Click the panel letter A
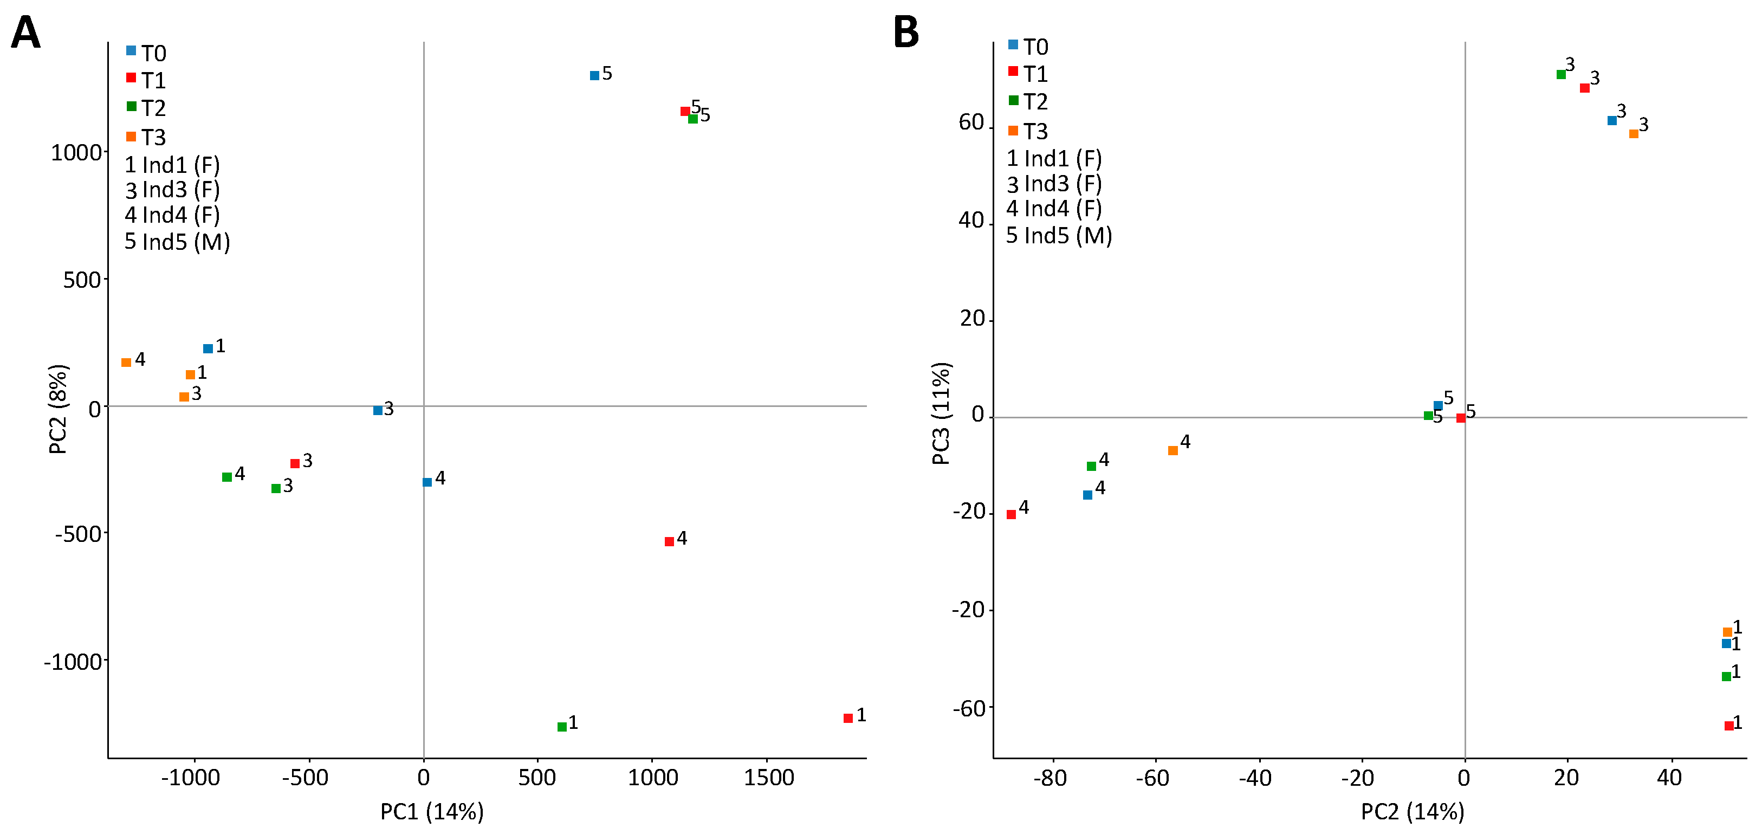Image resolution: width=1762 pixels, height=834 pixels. coord(26,32)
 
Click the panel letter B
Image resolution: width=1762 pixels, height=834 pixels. coord(906,32)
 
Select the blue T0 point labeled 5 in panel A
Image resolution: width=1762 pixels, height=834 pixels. coord(594,75)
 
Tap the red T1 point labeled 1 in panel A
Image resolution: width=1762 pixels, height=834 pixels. coord(848,717)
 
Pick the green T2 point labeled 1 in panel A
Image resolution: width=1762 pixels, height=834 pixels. coord(562,727)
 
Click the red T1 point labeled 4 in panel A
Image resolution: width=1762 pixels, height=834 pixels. coord(670,541)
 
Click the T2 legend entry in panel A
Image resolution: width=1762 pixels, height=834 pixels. coord(146,107)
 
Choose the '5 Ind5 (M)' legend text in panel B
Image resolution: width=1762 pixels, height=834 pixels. coord(1059,235)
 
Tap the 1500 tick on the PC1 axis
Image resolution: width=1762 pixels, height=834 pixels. coord(769,778)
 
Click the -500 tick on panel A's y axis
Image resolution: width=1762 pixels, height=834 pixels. coord(78,534)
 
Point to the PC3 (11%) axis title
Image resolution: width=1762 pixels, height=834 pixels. coord(942,413)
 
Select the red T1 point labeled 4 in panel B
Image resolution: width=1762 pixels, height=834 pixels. coord(1012,514)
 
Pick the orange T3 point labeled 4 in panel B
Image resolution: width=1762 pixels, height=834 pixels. coord(1173,450)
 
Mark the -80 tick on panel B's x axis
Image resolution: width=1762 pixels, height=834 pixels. coord(1051,778)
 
